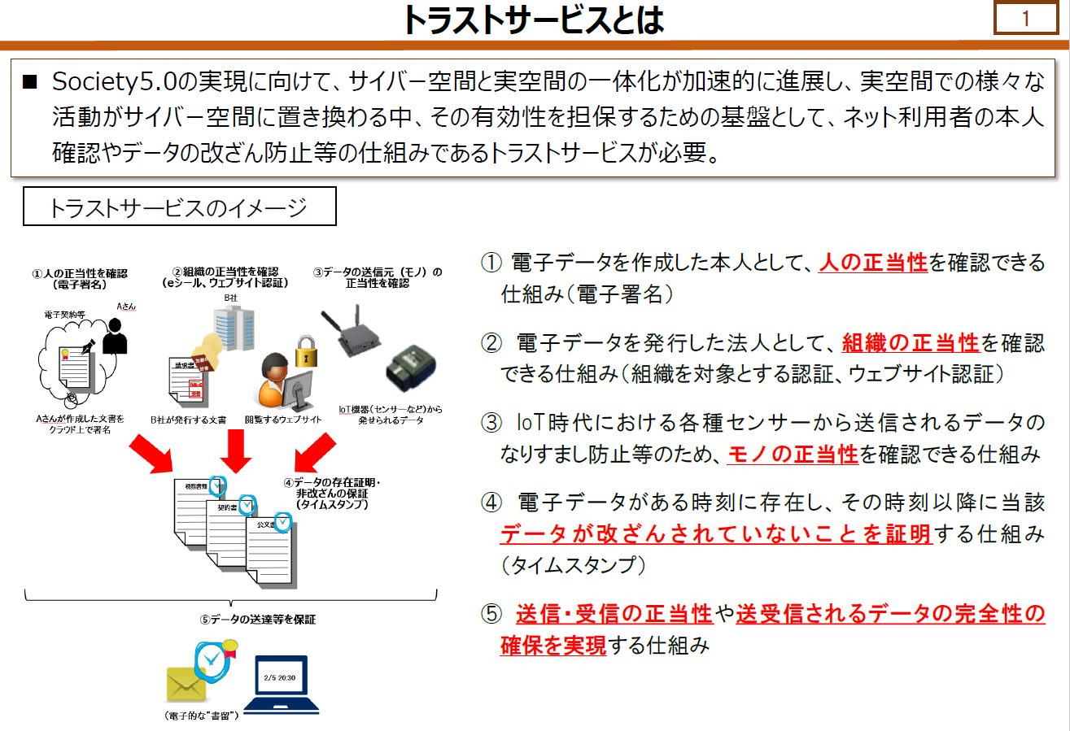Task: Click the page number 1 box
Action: coord(1025,18)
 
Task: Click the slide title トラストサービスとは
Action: coord(534,20)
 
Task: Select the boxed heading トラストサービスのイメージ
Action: coord(179,207)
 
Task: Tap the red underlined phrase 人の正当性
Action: coord(873,262)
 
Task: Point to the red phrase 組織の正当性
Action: coord(911,342)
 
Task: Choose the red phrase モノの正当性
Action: coord(793,454)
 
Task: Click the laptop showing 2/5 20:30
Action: coord(281,683)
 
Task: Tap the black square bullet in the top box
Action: coord(30,82)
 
